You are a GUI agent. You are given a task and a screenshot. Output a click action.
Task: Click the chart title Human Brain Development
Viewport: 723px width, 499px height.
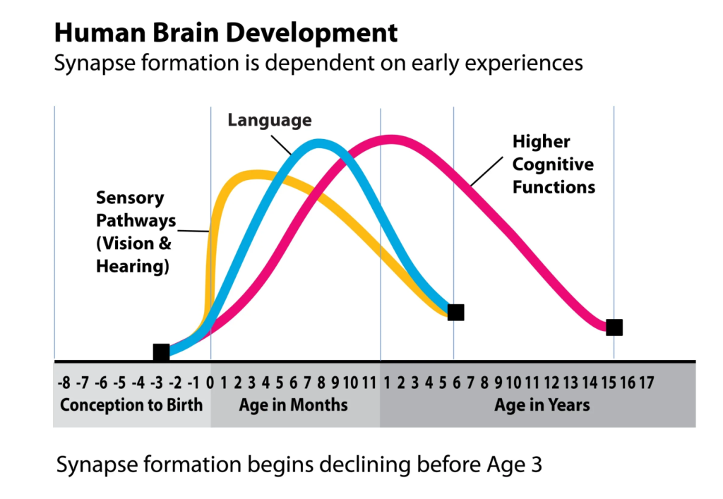[x=226, y=32]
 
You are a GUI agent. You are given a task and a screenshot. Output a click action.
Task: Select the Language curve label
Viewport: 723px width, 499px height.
[x=269, y=121]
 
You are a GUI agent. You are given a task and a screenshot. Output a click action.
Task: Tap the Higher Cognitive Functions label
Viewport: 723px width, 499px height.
[x=554, y=164]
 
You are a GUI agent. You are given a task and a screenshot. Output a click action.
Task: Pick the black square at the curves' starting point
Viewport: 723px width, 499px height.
[x=161, y=352]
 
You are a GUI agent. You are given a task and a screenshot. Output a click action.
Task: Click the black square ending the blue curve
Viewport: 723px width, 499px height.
[x=455, y=312]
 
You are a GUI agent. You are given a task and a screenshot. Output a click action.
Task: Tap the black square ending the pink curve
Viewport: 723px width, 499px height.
[x=614, y=327]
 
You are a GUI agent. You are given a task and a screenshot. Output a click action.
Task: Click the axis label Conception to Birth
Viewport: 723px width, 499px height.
[x=131, y=406]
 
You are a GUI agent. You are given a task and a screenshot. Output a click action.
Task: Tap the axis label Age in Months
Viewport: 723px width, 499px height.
[x=294, y=406]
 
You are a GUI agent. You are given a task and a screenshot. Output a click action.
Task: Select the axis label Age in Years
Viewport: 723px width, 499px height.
[x=542, y=406]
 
